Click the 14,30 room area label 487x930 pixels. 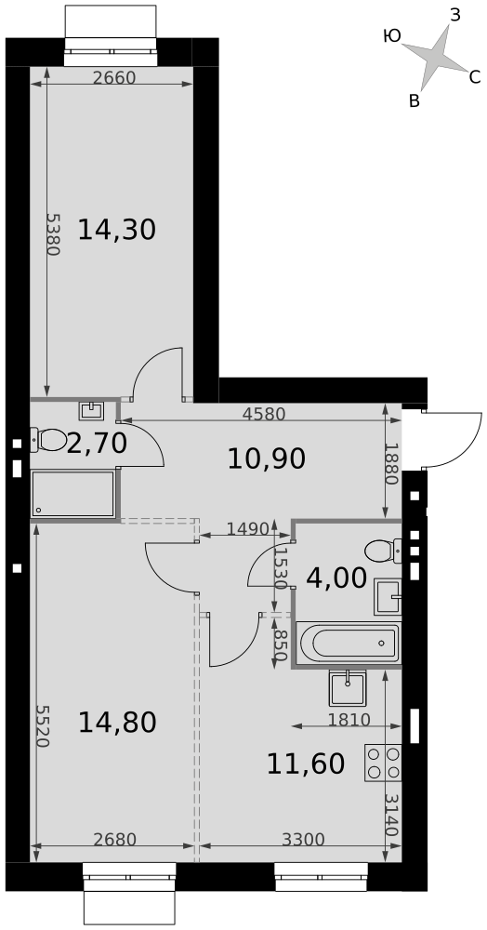pos(117,230)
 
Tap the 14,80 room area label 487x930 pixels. pos(117,723)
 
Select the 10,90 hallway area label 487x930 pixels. pos(267,458)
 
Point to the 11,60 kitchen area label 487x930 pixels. pos(306,764)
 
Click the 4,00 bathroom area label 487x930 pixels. pos(336,578)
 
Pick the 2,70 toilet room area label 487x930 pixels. pos(97,443)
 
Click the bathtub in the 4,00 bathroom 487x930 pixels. pos(349,644)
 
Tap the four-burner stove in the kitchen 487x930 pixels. pos(383,763)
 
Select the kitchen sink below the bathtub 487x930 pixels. pos(348,688)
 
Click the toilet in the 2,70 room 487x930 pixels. pos(48,440)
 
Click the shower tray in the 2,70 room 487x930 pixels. pos(72,494)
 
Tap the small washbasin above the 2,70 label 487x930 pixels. pos(91,410)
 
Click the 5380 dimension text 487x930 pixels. pos(53,234)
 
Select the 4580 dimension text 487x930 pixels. pos(264,414)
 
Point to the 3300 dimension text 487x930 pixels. pos(303,839)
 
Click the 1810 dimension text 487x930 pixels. pos(349,720)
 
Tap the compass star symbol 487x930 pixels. pos(436,57)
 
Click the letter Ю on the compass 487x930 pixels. pos(392,36)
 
